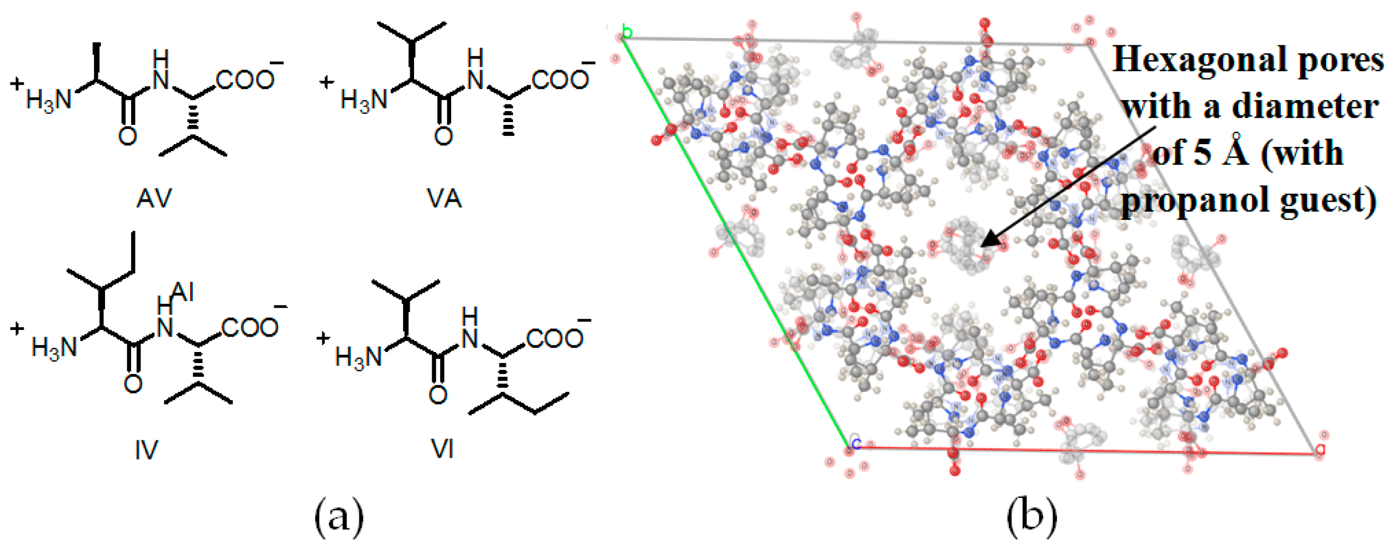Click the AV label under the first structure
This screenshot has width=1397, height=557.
pos(154,198)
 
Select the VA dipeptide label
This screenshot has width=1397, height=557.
pos(444,198)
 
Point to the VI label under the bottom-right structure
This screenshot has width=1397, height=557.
pos(442,449)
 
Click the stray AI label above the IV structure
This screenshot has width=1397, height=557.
pos(182,292)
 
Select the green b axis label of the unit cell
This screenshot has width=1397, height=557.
pos(626,31)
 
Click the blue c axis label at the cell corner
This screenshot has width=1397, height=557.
pos(856,443)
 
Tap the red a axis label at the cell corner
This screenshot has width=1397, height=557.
pos(1320,449)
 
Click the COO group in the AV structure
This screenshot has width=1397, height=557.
pos(245,81)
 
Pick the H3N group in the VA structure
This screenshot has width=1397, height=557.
pos(364,101)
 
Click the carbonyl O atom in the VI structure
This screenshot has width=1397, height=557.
pos(438,395)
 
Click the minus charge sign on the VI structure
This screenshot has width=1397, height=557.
pos(584,320)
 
